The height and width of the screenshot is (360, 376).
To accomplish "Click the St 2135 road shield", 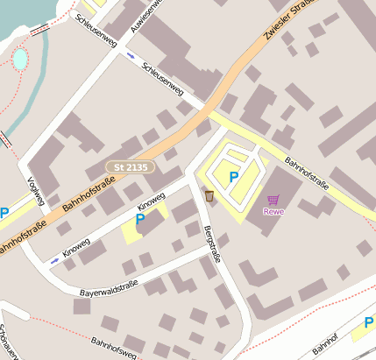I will (131, 166).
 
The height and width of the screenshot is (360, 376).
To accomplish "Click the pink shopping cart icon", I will (273, 200).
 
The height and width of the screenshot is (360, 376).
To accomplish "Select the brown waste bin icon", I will (209, 194).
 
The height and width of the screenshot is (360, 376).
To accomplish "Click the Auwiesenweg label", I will (146, 16).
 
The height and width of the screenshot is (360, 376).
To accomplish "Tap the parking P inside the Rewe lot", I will (233, 177).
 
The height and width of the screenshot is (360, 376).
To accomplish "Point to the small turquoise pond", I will (19, 59).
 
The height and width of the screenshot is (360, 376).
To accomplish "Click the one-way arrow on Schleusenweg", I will (131, 56).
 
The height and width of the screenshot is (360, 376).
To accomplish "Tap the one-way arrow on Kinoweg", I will (56, 259).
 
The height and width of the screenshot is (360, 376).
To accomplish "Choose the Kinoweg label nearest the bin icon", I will (152, 201).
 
